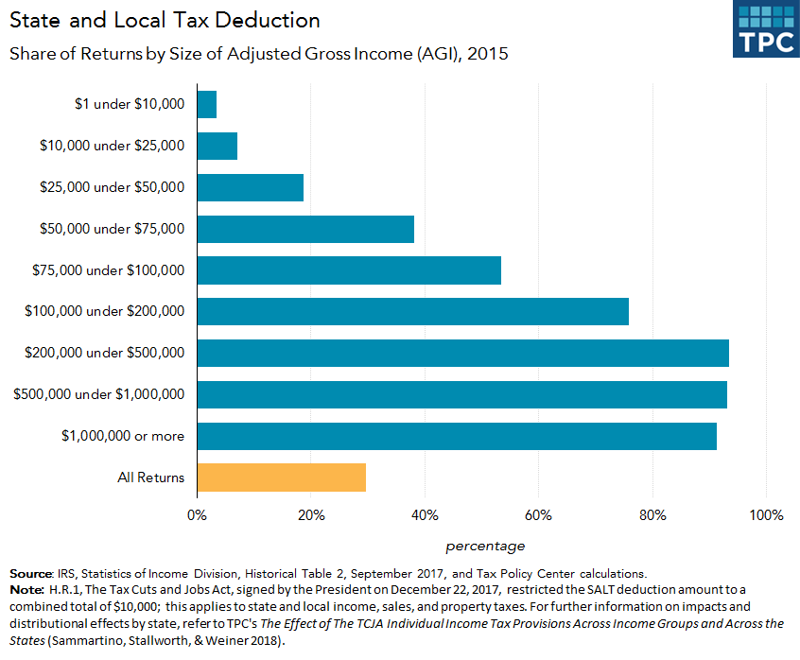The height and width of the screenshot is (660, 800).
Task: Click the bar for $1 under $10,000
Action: (x=207, y=104)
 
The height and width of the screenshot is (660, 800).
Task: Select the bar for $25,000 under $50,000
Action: (x=251, y=187)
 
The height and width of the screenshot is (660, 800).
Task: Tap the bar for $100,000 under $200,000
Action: (x=413, y=311)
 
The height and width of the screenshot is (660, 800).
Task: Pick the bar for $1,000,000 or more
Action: (x=457, y=436)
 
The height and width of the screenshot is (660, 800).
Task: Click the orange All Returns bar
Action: (x=282, y=478)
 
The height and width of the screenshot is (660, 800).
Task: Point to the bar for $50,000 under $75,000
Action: (x=305, y=229)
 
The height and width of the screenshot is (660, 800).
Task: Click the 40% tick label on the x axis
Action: (x=425, y=515)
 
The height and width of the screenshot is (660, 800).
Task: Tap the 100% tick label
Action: (x=766, y=515)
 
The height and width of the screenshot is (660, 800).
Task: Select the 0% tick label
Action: (x=197, y=515)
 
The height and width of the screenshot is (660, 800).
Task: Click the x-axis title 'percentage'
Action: (x=485, y=546)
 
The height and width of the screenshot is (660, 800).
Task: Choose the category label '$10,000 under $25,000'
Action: (x=113, y=146)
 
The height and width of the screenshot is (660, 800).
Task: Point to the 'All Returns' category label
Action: (x=151, y=478)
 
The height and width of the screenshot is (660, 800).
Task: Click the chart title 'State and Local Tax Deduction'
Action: (x=165, y=20)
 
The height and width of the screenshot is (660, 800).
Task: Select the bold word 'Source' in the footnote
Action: (x=30, y=573)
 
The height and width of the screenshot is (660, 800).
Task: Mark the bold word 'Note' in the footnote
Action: (x=26, y=590)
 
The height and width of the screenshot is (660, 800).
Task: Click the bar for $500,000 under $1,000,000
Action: (x=462, y=394)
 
